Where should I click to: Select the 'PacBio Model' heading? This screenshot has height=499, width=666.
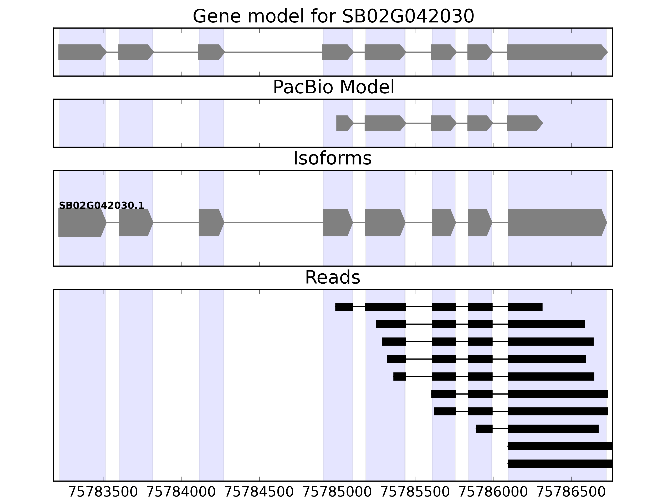coord(333,87)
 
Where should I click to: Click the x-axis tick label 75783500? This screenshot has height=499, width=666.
coord(103,492)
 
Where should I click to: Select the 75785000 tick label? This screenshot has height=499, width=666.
coord(337,492)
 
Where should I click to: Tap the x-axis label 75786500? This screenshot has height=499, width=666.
coord(571,492)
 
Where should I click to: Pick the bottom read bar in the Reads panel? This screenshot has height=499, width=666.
coord(560,463)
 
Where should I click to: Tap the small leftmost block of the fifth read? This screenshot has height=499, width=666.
coord(400,377)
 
